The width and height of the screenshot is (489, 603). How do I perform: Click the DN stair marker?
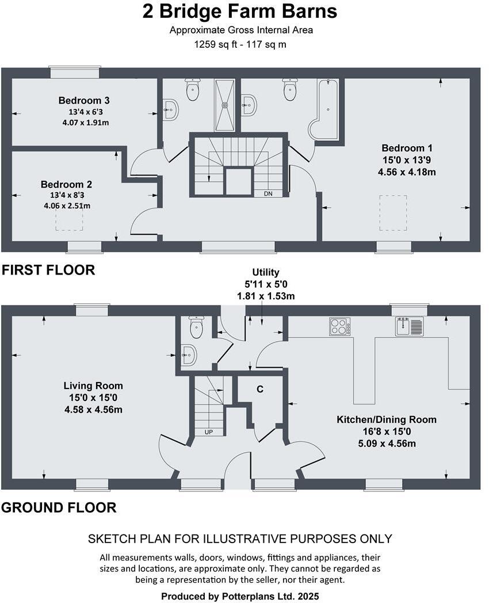(268, 194)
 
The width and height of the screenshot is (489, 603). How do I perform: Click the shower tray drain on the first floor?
(225, 105)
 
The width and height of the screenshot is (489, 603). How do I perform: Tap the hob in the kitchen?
(339, 327)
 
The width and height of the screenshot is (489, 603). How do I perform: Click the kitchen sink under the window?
(409, 327)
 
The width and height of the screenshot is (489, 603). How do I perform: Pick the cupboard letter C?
(260, 390)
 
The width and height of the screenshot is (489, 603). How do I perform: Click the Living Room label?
(93, 386)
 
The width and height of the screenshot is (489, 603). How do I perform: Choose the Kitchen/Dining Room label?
(387, 419)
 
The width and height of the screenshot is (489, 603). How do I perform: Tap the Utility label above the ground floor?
(266, 272)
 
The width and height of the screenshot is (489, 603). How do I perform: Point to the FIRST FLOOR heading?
(48, 270)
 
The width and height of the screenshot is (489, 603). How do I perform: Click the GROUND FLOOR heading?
(59, 507)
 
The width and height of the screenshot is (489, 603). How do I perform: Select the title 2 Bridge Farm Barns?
(240, 12)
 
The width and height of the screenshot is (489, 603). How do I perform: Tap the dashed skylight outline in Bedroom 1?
(393, 213)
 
